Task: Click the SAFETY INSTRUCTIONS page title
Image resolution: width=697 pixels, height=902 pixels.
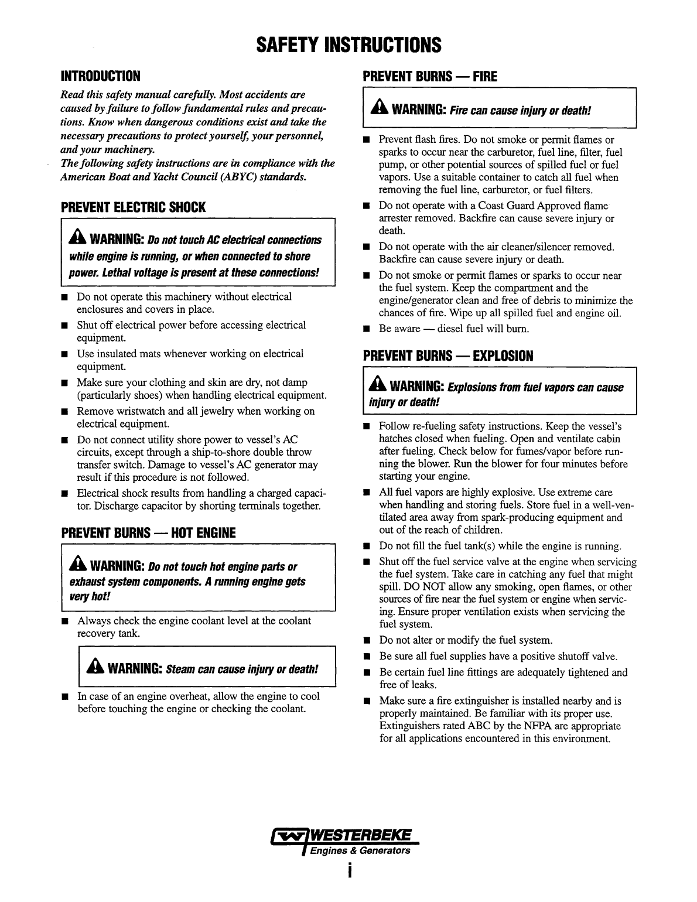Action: [x=348, y=45]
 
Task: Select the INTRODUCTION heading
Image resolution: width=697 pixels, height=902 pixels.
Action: [x=101, y=76]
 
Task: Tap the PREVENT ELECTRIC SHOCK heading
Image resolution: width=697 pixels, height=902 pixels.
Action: [x=134, y=207]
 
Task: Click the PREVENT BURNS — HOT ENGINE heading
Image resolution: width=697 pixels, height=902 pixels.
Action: [x=148, y=532]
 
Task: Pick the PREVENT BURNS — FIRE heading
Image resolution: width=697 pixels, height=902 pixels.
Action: [x=430, y=76]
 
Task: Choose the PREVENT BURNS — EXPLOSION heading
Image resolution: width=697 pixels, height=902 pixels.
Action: [x=448, y=356]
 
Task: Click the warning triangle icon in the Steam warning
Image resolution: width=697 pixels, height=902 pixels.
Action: [x=95, y=668]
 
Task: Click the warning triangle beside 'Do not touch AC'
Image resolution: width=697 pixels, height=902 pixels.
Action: [x=78, y=239]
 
